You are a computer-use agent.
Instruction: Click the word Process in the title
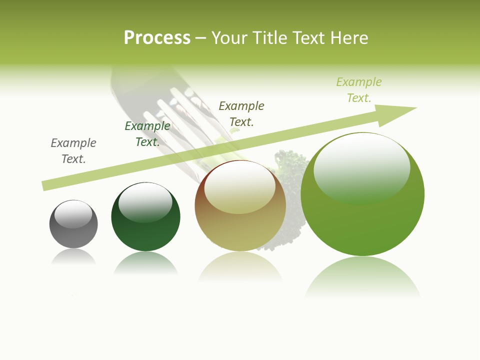pos(157,38)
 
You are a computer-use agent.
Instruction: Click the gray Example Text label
pos(73,151)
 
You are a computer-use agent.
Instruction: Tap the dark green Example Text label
pos(147,134)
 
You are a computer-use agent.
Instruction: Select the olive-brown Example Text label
pos(241,113)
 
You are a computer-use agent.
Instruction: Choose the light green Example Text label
pos(359,90)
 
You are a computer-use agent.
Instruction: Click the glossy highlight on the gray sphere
pos(73,214)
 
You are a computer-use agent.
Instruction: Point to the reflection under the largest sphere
pos(362,277)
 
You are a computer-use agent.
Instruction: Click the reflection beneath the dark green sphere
pos(145,263)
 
